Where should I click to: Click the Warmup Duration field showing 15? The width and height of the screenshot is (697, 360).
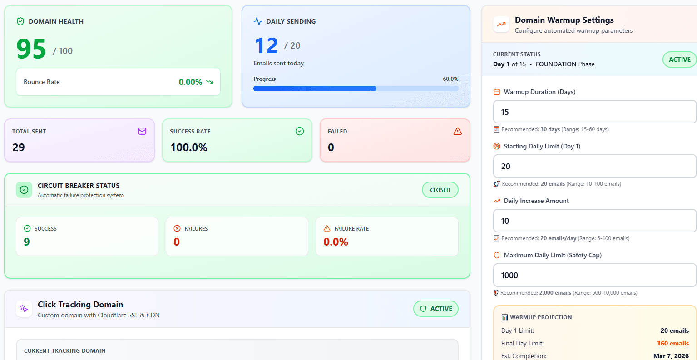coord(594,112)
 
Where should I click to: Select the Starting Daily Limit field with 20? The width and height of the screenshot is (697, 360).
coord(594,166)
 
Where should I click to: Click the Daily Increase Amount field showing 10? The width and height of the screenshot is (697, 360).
coord(594,221)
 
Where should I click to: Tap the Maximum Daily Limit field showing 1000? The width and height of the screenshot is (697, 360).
coord(594,275)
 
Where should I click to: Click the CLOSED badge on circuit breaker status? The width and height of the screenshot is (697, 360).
coord(440,190)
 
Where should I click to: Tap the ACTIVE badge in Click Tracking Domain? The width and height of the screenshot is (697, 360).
coord(436,309)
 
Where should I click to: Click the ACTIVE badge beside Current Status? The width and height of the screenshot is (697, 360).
coord(679,59)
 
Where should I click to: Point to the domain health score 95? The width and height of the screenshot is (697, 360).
coord(31,49)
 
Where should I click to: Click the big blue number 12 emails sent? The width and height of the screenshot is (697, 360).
coord(266,46)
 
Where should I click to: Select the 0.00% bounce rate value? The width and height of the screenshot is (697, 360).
coord(190,82)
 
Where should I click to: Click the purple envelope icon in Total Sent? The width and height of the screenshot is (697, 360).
coord(142,131)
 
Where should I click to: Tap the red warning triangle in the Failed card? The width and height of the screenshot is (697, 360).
coord(458,131)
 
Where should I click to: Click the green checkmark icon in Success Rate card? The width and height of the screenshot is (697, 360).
coord(300,131)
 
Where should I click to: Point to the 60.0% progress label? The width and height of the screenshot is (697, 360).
coord(450,79)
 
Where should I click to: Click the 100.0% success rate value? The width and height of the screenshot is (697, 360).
coord(189,148)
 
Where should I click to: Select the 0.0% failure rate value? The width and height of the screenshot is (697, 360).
coord(336,242)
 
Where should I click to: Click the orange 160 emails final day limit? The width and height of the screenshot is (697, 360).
coord(673,343)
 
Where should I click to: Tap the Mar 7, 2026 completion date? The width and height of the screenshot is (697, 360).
coord(671,356)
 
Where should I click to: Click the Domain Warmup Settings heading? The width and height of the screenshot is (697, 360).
coord(564,20)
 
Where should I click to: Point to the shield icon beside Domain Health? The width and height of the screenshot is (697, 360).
coord(20,21)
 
